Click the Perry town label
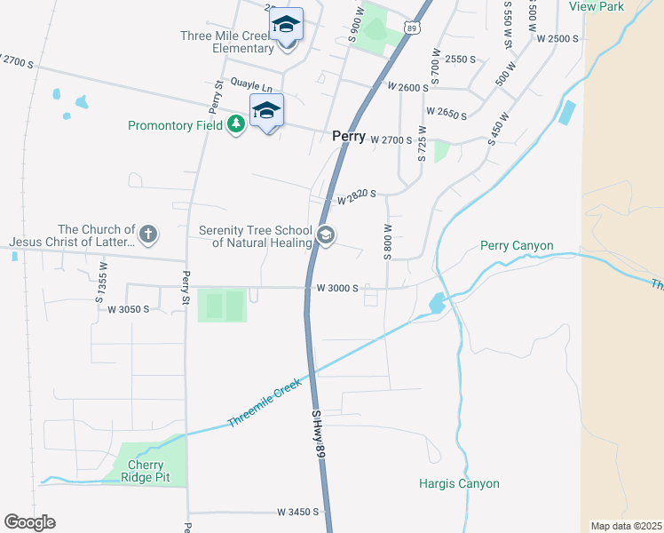coord(349,137)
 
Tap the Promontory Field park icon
coord(235,124)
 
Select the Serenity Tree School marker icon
coord(325,235)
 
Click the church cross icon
coord(148,235)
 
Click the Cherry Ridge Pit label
coord(146,471)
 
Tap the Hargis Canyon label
coord(459,483)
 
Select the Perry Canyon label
coord(517,245)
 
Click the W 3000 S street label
coord(337,288)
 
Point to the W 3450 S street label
coord(297,513)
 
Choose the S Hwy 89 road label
coord(319,434)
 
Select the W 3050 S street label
coord(128,309)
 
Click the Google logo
coord(29,522)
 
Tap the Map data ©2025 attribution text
coord(626,526)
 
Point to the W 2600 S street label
coord(408,87)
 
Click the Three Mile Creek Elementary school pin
coord(287,26)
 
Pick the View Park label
coord(597,6)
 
